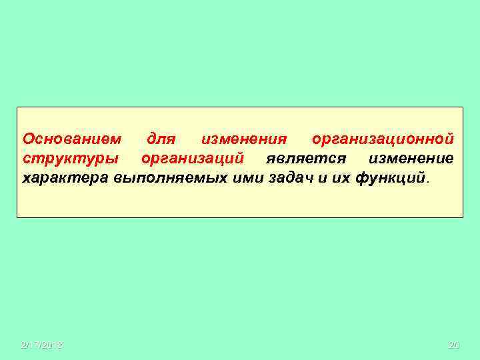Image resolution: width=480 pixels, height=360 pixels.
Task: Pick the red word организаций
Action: pyautogui.click(x=192, y=159)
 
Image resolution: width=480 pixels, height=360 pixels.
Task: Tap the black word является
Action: pyautogui.click(x=305, y=159)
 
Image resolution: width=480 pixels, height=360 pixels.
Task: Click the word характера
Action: pyautogui.click(x=66, y=179)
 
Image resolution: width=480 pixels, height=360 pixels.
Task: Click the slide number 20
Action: pyautogui.click(x=454, y=345)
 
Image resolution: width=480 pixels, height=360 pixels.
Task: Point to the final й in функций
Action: pyautogui.click(x=421, y=178)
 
